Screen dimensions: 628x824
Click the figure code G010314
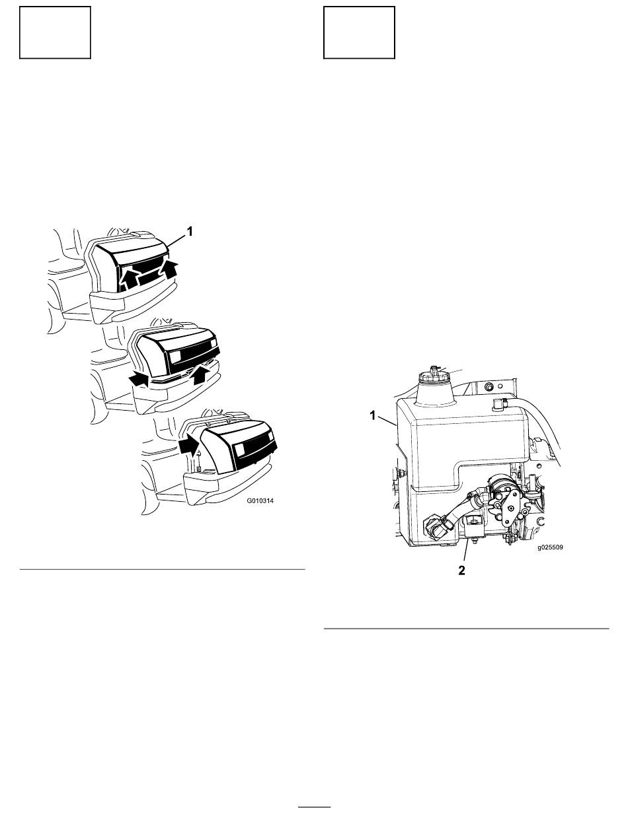pos(260,500)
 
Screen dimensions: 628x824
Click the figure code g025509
pos(550,547)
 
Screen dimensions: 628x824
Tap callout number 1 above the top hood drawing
pos(190,232)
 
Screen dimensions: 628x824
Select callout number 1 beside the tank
pos(373,415)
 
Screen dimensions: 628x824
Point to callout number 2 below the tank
pos(461,570)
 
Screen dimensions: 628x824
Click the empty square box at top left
pos(55,32)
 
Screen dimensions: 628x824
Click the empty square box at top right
pos(359,32)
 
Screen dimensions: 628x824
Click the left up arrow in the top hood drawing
pos(128,279)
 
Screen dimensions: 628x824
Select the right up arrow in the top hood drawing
pos(169,269)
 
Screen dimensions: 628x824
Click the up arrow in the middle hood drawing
pos(200,374)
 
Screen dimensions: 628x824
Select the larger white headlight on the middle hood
pos(176,357)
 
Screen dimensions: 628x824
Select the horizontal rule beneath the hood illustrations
pos(163,570)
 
